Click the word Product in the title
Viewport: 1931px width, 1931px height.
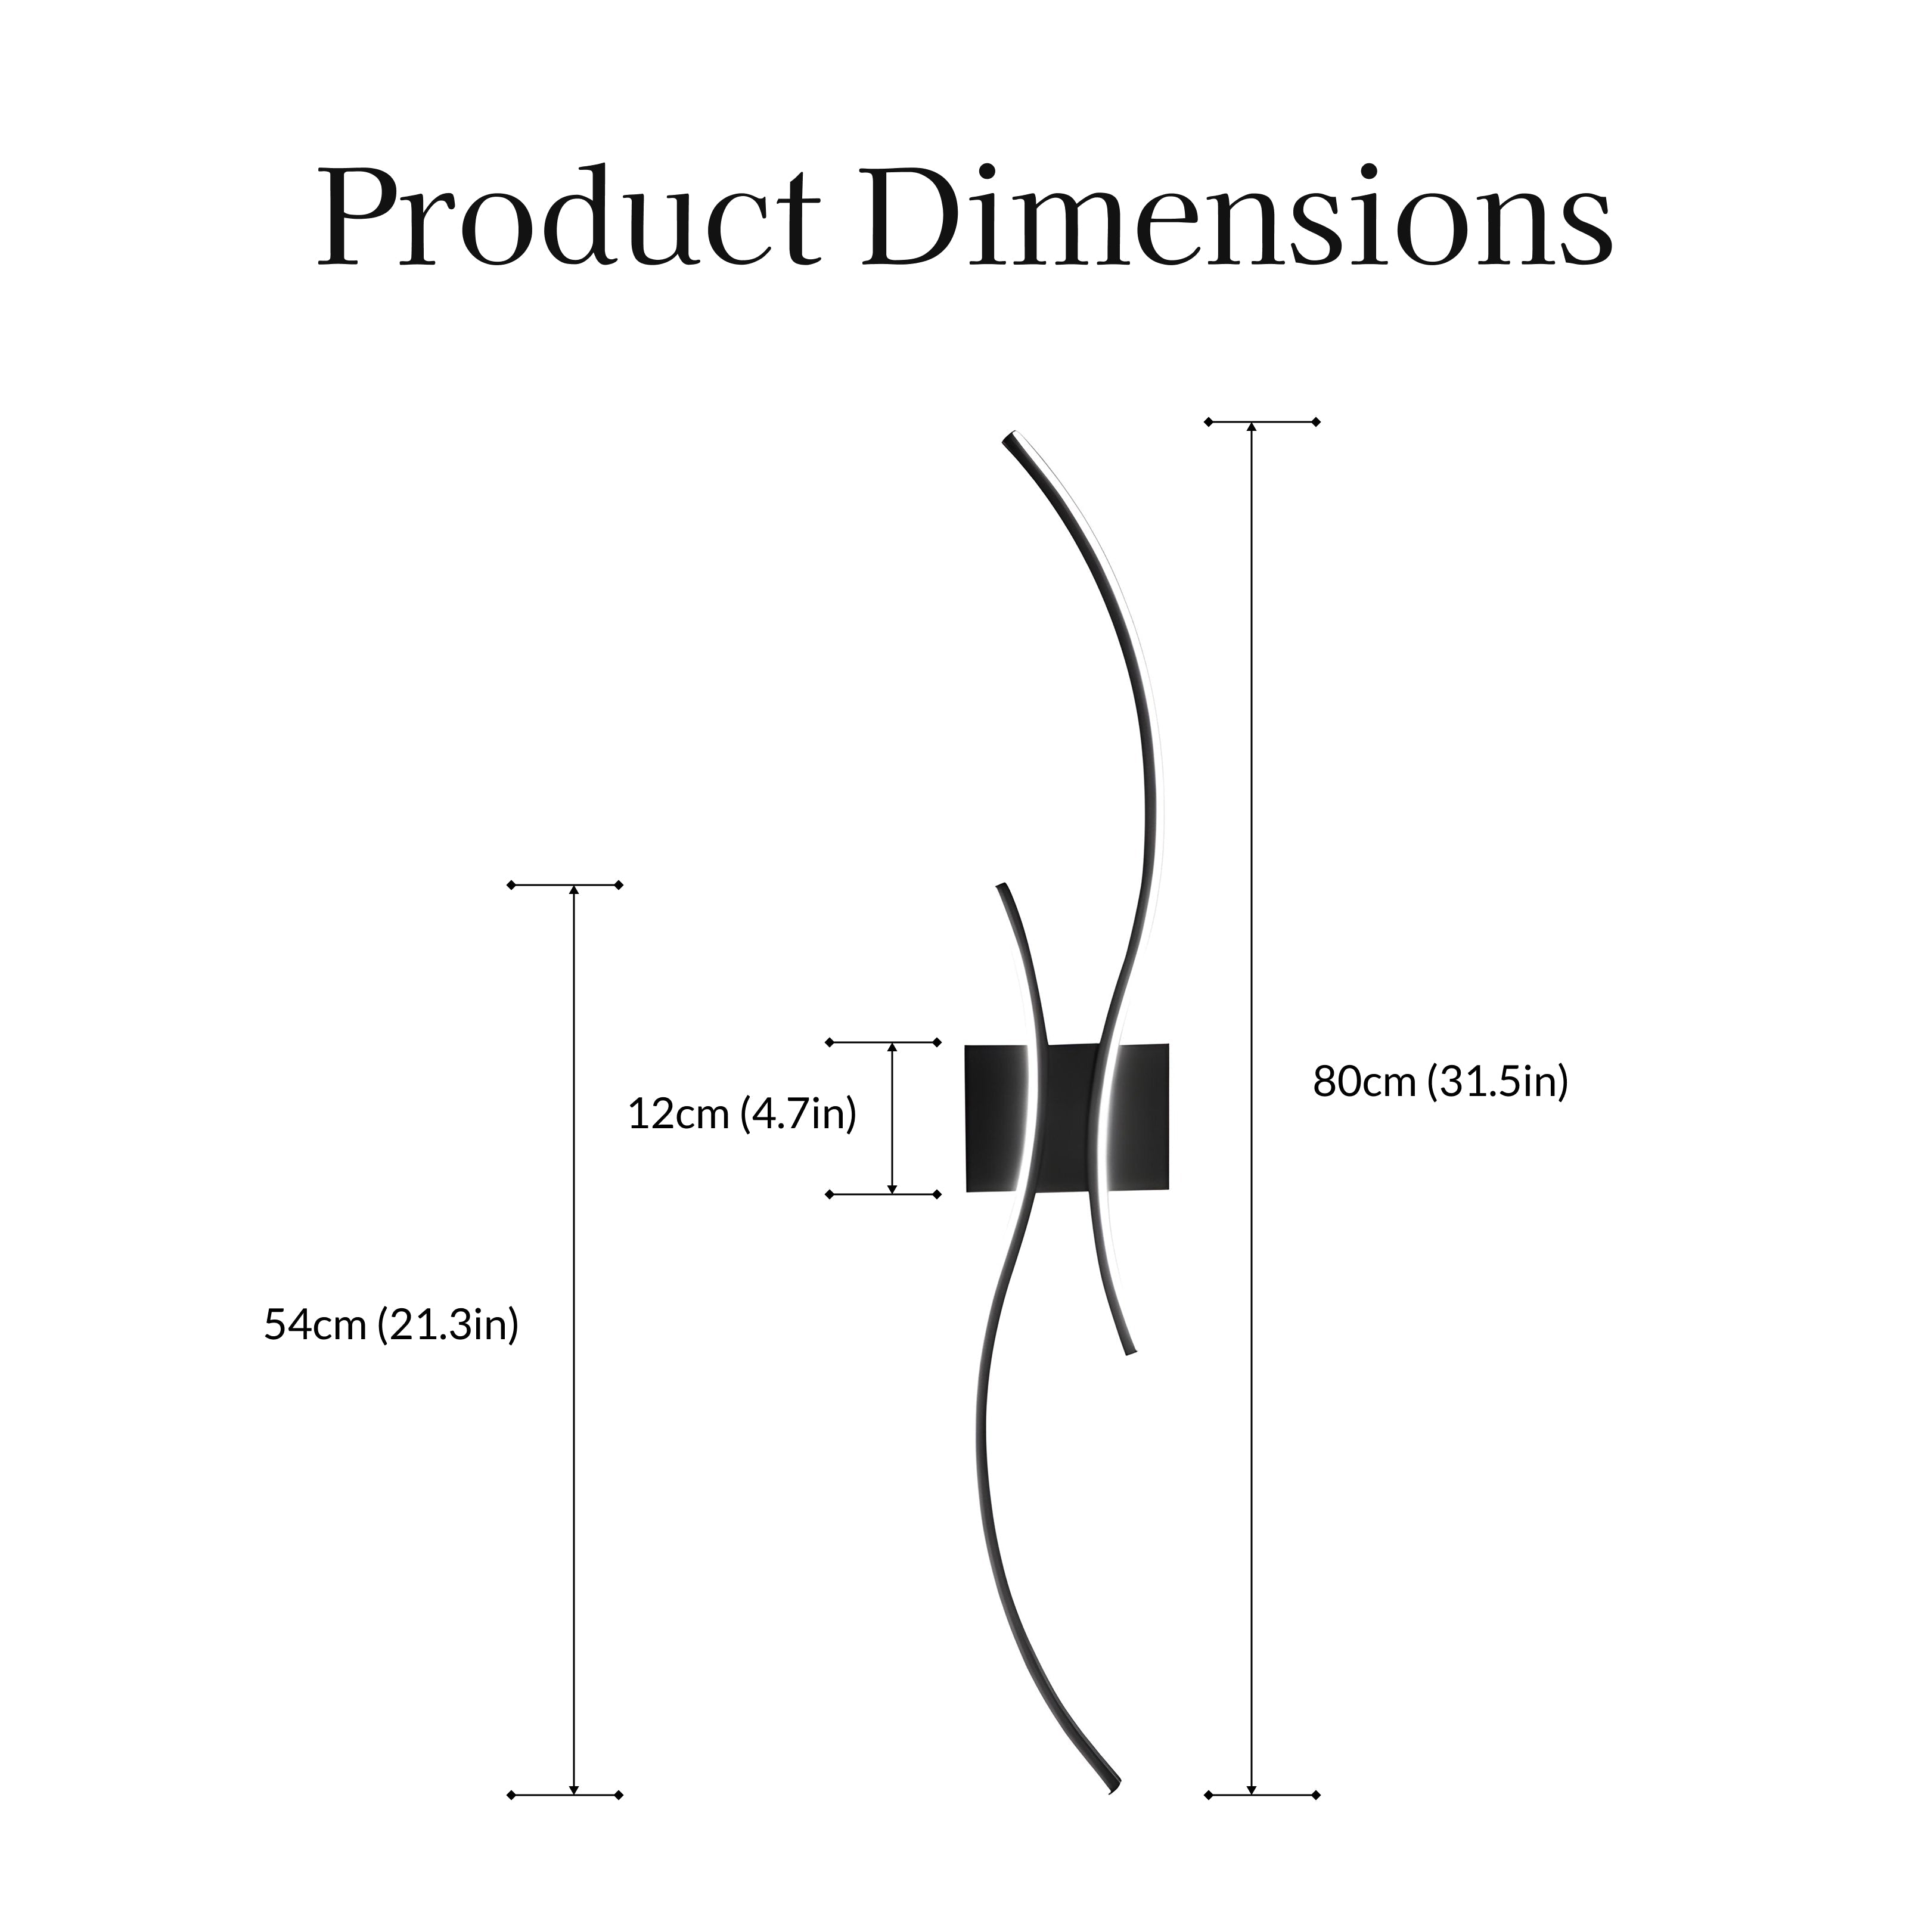point(569,218)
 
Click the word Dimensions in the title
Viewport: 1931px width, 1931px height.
point(1237,218)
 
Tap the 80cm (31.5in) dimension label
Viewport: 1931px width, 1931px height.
point(1441,1082)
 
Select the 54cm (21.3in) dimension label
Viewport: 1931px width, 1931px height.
point(391,1325)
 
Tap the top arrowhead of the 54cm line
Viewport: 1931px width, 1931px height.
point(574,890)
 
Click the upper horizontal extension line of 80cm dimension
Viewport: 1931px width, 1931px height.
point(1262,422)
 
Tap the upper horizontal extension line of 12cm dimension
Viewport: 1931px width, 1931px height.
point(883,1042)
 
